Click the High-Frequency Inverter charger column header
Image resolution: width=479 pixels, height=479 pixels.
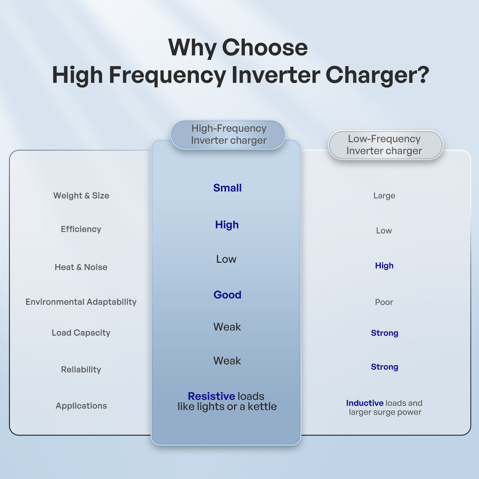coord(228,135)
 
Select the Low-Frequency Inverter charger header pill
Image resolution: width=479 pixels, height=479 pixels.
coord(385,145)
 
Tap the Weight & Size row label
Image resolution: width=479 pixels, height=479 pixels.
coord(81,196)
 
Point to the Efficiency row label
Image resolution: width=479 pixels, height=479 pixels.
coord(81,229)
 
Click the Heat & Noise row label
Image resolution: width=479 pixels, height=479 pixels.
coord(81,267)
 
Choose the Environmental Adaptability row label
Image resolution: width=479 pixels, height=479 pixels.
coord(81,302)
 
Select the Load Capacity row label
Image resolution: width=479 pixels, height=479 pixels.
coord(81,333)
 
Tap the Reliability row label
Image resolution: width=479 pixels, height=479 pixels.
coord(81,370)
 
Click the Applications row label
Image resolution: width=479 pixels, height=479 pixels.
coord(81,406)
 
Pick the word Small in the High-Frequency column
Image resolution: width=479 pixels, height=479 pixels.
coord(227,188)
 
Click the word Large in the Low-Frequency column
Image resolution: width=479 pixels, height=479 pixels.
coord(384,196)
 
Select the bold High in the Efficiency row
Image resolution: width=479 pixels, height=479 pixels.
coord(227,225)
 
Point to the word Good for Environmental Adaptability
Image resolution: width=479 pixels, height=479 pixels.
coord(227,295)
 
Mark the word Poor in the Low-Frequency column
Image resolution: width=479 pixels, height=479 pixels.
coord(384,302)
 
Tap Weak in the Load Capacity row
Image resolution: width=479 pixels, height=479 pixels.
coord(227,327)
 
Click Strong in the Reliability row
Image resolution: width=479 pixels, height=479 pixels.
coord(384,367)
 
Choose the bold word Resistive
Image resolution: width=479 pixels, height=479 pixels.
coord(211,396)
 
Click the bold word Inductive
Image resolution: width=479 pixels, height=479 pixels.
coord(365,403)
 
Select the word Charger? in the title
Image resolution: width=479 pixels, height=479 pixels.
coord(377,75)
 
